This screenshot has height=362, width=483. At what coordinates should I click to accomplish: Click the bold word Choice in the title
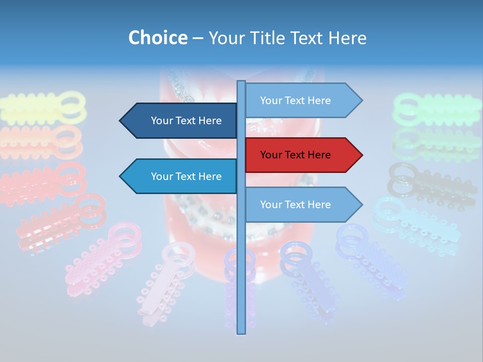point(157,38)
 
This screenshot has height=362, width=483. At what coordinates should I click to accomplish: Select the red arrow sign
point(302,155)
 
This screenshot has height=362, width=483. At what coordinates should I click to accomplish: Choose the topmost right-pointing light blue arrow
point(302,101)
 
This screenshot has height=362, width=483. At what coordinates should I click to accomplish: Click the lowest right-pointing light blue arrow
point(302,205)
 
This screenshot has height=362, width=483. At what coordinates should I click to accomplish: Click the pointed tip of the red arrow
point(361,155)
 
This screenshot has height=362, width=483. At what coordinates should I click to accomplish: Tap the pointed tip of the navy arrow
point(121,121)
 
